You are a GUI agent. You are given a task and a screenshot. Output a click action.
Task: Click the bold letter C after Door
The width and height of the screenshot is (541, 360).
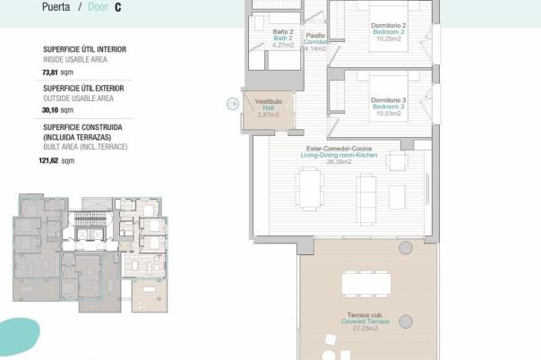click(118, 7)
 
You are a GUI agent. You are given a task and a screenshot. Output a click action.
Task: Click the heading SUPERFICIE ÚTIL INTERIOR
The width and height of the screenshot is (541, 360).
click(84, 50)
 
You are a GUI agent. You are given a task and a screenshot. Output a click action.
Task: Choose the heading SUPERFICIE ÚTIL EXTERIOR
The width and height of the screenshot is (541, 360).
click(83, 89)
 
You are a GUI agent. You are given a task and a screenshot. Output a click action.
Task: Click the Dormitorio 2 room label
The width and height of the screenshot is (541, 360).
click(389, 25)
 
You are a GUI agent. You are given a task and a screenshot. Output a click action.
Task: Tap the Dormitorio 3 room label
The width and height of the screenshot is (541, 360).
click(389, 99)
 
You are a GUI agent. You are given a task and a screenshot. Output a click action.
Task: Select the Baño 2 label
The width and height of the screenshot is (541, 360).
click(283, 32)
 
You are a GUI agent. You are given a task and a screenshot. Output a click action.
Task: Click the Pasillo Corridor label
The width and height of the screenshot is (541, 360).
click(315, 36)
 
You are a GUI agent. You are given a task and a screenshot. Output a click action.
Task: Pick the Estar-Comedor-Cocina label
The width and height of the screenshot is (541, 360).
click(339, 149)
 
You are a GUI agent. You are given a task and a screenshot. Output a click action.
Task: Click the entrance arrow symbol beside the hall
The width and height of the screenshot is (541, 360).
click(232, 104)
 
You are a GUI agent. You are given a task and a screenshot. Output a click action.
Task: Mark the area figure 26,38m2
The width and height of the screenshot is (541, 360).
click(339, 162)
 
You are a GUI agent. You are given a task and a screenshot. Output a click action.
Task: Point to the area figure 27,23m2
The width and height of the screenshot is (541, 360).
click(363, 329)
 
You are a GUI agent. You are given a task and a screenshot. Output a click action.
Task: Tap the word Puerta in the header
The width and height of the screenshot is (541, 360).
click(56, 7)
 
